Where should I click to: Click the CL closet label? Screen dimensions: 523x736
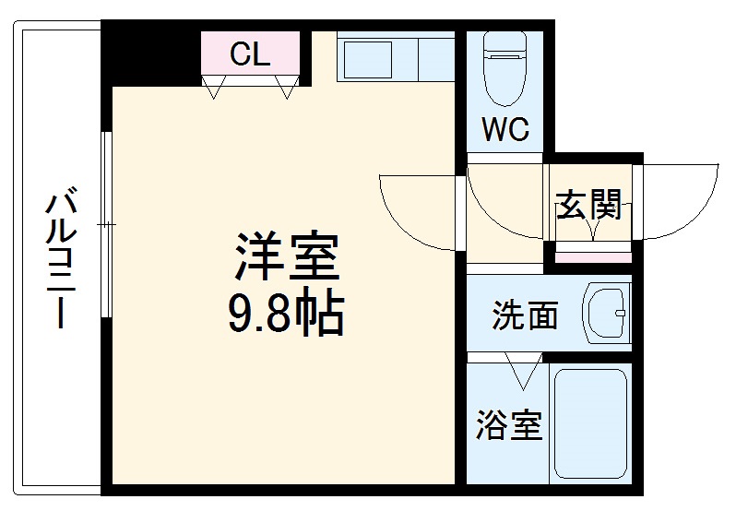250,55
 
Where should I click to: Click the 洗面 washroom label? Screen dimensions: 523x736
524,315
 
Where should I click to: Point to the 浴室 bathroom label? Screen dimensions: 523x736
508,425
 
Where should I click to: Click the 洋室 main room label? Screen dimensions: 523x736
286,257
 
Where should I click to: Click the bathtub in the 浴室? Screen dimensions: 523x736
590,423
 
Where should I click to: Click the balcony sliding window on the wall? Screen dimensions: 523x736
107,225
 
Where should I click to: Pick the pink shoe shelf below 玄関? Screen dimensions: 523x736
592,256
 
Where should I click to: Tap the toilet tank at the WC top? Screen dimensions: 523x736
505,44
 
